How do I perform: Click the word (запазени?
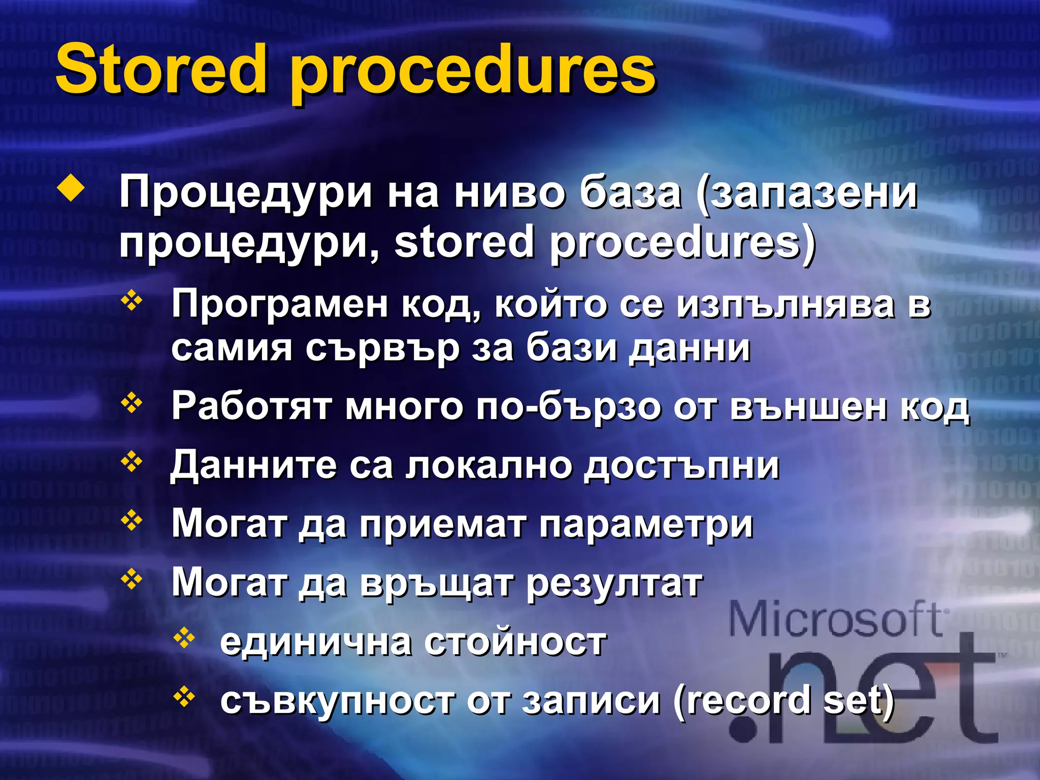pyautogui.click(x=807, y=194)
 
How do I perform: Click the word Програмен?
pyautogui.click(x=279, y=304)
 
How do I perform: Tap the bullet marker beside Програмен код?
pyautogui.click(x=132, y=301)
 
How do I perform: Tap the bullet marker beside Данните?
pyautogui.click(x=132, y=462)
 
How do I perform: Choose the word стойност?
pyautogui.click(x=515, y=642)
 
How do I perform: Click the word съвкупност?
pyautogui.click(x=337, y=701)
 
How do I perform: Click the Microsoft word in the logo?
pyautogui.click(x=835, y=620)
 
